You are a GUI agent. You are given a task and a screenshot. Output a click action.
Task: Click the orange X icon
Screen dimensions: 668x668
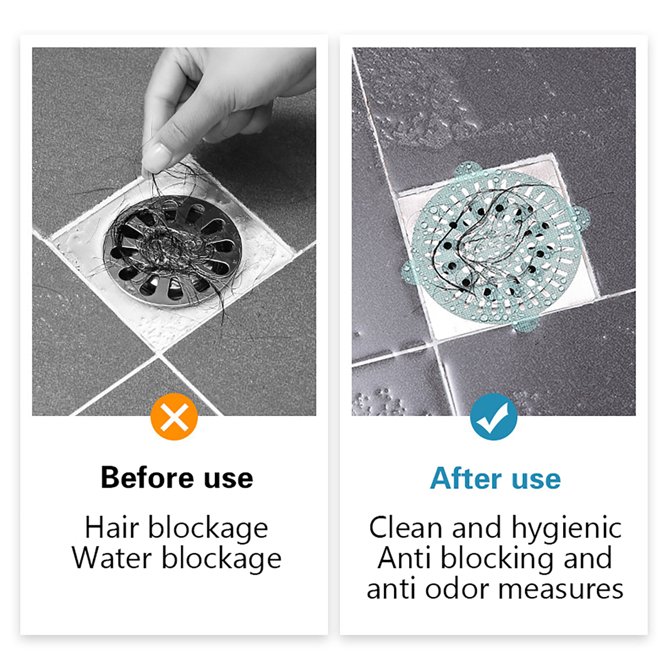click(x=174, y=417)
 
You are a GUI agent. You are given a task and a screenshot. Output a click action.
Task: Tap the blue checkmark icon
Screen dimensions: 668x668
click(x=493, y=417)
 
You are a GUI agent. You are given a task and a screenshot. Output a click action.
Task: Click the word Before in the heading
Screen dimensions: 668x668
click(x=147, y=477)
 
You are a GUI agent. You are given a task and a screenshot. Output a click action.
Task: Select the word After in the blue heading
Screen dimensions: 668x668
click(x=466, y=478)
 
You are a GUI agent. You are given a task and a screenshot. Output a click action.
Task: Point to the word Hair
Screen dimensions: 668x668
click(x=112, y=527)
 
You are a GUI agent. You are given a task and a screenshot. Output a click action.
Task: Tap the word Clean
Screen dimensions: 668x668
click(x=405, y=527)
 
